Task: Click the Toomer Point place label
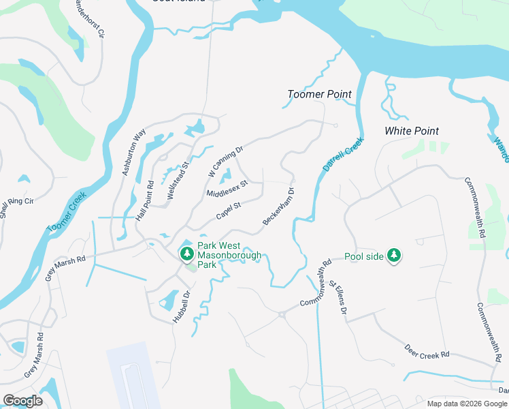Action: click(x=319, y=94)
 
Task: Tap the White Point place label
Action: click(x=412, y=130)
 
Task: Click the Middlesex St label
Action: click(x=226, y=189)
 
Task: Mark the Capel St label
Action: click(x=229, y=211)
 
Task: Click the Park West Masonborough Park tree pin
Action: click(x=186, y=254)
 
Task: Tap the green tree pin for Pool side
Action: click(x=393, y=256)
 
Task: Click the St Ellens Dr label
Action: click(x=338, y=301)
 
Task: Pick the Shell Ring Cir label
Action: click(x=12, y=204)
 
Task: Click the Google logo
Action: click(x=22, y=401)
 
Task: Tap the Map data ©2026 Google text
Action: click(x=467, y=403)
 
